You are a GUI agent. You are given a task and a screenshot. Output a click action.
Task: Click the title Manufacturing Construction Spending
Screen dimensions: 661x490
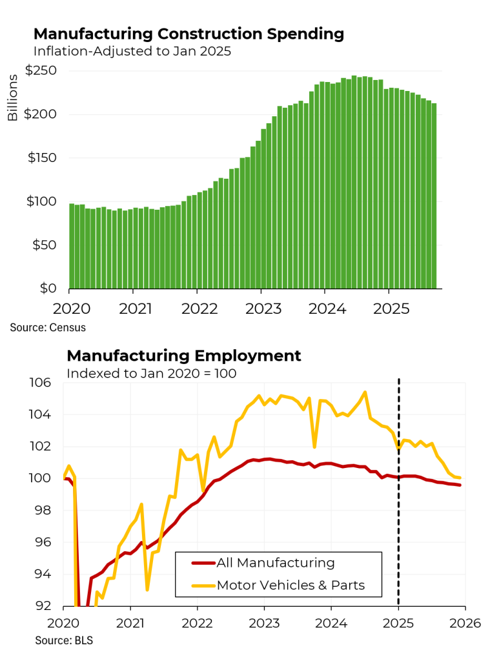click(189, 34)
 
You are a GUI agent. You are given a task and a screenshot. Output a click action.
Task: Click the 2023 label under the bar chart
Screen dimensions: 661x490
click(263, 308)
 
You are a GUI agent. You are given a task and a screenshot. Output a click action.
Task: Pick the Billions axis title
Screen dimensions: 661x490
click(13, 97)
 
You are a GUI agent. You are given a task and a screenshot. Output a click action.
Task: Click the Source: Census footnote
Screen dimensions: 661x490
click(48, 327)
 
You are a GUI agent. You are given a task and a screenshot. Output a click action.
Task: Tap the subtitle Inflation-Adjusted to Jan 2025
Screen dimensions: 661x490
click(132, 52)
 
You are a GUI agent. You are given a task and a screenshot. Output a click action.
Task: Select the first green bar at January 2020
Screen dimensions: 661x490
click(72, 246)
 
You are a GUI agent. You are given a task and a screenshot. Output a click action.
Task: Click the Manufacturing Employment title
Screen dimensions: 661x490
click(183, 356)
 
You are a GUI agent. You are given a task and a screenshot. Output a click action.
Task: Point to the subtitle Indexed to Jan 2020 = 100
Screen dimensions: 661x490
click(152, 373)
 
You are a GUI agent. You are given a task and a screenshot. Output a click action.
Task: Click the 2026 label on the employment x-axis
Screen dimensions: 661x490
click(465, 623)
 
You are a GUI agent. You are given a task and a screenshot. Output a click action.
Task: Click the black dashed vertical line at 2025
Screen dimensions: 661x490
click(398, 491)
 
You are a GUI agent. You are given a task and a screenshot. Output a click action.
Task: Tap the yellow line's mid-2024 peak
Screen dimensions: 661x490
click(365, 392)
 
